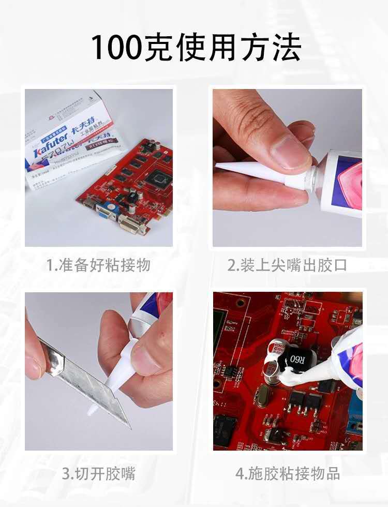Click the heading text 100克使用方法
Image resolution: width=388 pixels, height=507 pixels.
click(x=196, y=49)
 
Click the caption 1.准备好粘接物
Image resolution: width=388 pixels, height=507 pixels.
click(x=98, y=265)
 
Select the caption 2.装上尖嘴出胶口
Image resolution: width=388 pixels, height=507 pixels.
click(x=287, y=265)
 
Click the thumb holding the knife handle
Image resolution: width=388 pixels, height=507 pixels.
click(x=34, y=362)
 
